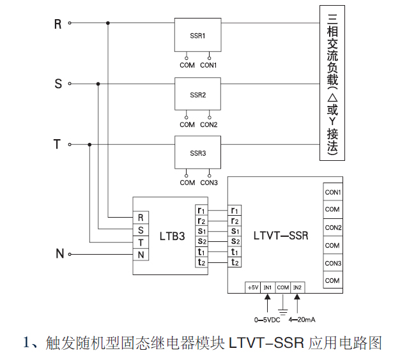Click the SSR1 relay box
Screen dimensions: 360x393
pos(198,36)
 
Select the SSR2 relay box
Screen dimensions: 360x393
pos(198,94)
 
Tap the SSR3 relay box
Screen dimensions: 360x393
pos(198,153)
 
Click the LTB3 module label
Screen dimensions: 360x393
pos(172,236)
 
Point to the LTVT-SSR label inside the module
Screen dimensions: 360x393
pos(281,236)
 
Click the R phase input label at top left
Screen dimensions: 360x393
pos(58,24)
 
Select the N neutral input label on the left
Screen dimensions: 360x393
pos(59,254)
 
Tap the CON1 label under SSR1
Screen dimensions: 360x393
pos(209,65)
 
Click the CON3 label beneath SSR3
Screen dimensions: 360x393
pos(209,183)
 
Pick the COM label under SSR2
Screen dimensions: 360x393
pos(187,124)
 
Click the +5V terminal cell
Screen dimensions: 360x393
pos(252,288)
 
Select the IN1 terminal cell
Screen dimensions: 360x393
pos(268,288)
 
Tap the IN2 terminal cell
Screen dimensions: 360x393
pos(298,288)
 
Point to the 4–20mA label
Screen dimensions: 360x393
pos(303,319)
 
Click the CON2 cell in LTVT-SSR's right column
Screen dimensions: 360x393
pos(332,228)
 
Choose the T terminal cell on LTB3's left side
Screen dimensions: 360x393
pos(141,242)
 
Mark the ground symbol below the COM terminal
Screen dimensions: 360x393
pos(283,310)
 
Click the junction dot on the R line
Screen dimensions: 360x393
pos(107,23)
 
